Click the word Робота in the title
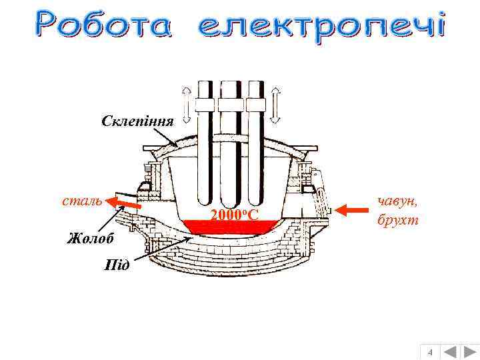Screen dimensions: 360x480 point(104,27)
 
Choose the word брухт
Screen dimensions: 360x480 point(397,220)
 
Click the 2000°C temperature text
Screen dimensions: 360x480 point(234,215)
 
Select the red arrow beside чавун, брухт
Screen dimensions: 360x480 point(351,210)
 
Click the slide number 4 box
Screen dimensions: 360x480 point(430,351)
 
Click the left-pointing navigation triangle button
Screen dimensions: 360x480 point(450,351)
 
